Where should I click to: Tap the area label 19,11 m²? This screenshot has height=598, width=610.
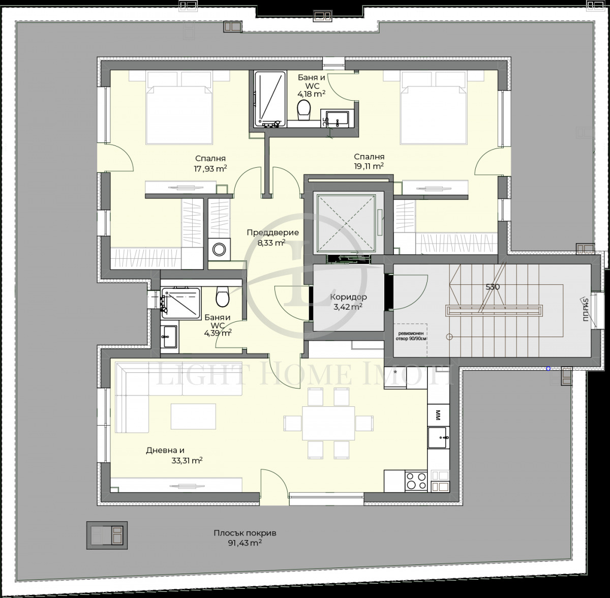[x=369, y=166]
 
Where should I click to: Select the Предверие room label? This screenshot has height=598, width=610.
[x=272, y=233]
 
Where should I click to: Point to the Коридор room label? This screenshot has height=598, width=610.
[x=348, y=297]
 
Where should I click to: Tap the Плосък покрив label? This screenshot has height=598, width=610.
[x=245, y=533]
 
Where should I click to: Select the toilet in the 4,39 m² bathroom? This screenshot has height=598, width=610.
[x=222, y=297]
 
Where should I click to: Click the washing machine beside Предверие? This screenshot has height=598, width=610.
[x=219, y=250]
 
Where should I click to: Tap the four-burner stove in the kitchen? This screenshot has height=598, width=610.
[x=416, y=481]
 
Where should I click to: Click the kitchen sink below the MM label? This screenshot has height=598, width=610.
[x=438, y=436]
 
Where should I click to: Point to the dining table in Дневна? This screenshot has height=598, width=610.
[x=328, y=423]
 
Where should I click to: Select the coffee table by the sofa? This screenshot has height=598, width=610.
[x=193, y=416]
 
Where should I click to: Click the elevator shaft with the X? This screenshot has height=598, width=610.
[x=348, y=222]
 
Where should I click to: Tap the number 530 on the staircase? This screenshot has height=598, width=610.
[x=493, y=287]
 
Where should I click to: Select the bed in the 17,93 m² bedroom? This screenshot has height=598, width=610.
[x=179, y=108]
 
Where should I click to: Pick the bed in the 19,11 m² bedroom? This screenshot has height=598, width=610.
[x=433, y=108]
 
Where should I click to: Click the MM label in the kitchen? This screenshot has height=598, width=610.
[x=437, y=415]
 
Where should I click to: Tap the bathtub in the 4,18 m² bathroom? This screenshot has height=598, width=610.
[x=269, y=99]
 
